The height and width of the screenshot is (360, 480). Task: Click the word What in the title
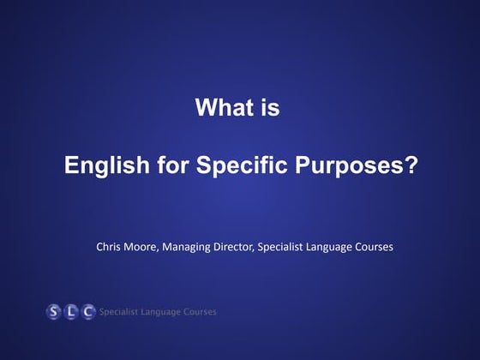[221, 109]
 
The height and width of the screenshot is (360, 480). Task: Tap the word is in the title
[268, 109]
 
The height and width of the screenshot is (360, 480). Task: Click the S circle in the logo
[55, 311]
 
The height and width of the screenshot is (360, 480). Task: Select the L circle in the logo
[71, 311]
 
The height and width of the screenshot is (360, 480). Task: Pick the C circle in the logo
[87, 311]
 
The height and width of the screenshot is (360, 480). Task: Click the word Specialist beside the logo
[123, 311]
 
